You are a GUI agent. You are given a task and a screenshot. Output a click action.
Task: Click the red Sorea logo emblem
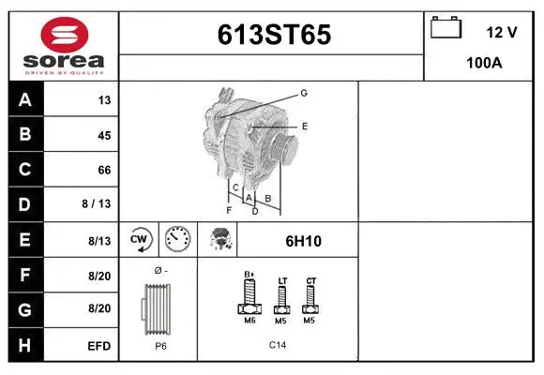pyautogui.click(x=65, y=35)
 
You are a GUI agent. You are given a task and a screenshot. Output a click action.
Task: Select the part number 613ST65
pyautogui.click(x=274, y=35)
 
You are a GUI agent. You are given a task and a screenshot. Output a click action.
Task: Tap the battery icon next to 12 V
pyautogui.click(x=446, y=27)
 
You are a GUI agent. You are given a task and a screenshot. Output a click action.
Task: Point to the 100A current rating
pyautogui.click(x=484, y=63)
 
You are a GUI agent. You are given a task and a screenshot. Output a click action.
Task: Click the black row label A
pyautogui.click(x=25, y=100)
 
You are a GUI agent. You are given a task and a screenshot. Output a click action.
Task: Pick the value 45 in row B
pyautogui.click(x=104, y=135)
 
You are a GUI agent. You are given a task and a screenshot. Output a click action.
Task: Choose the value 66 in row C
pyautogui.click(x=104, y=170)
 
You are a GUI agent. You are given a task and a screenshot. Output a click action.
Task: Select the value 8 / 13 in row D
pyautogui.click(x=97, y=203)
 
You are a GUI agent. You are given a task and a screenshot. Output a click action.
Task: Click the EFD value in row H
pyautogui.click(x=99, y=346)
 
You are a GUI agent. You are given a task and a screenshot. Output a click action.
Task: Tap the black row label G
pyautogui.click(x=25, y=309)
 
